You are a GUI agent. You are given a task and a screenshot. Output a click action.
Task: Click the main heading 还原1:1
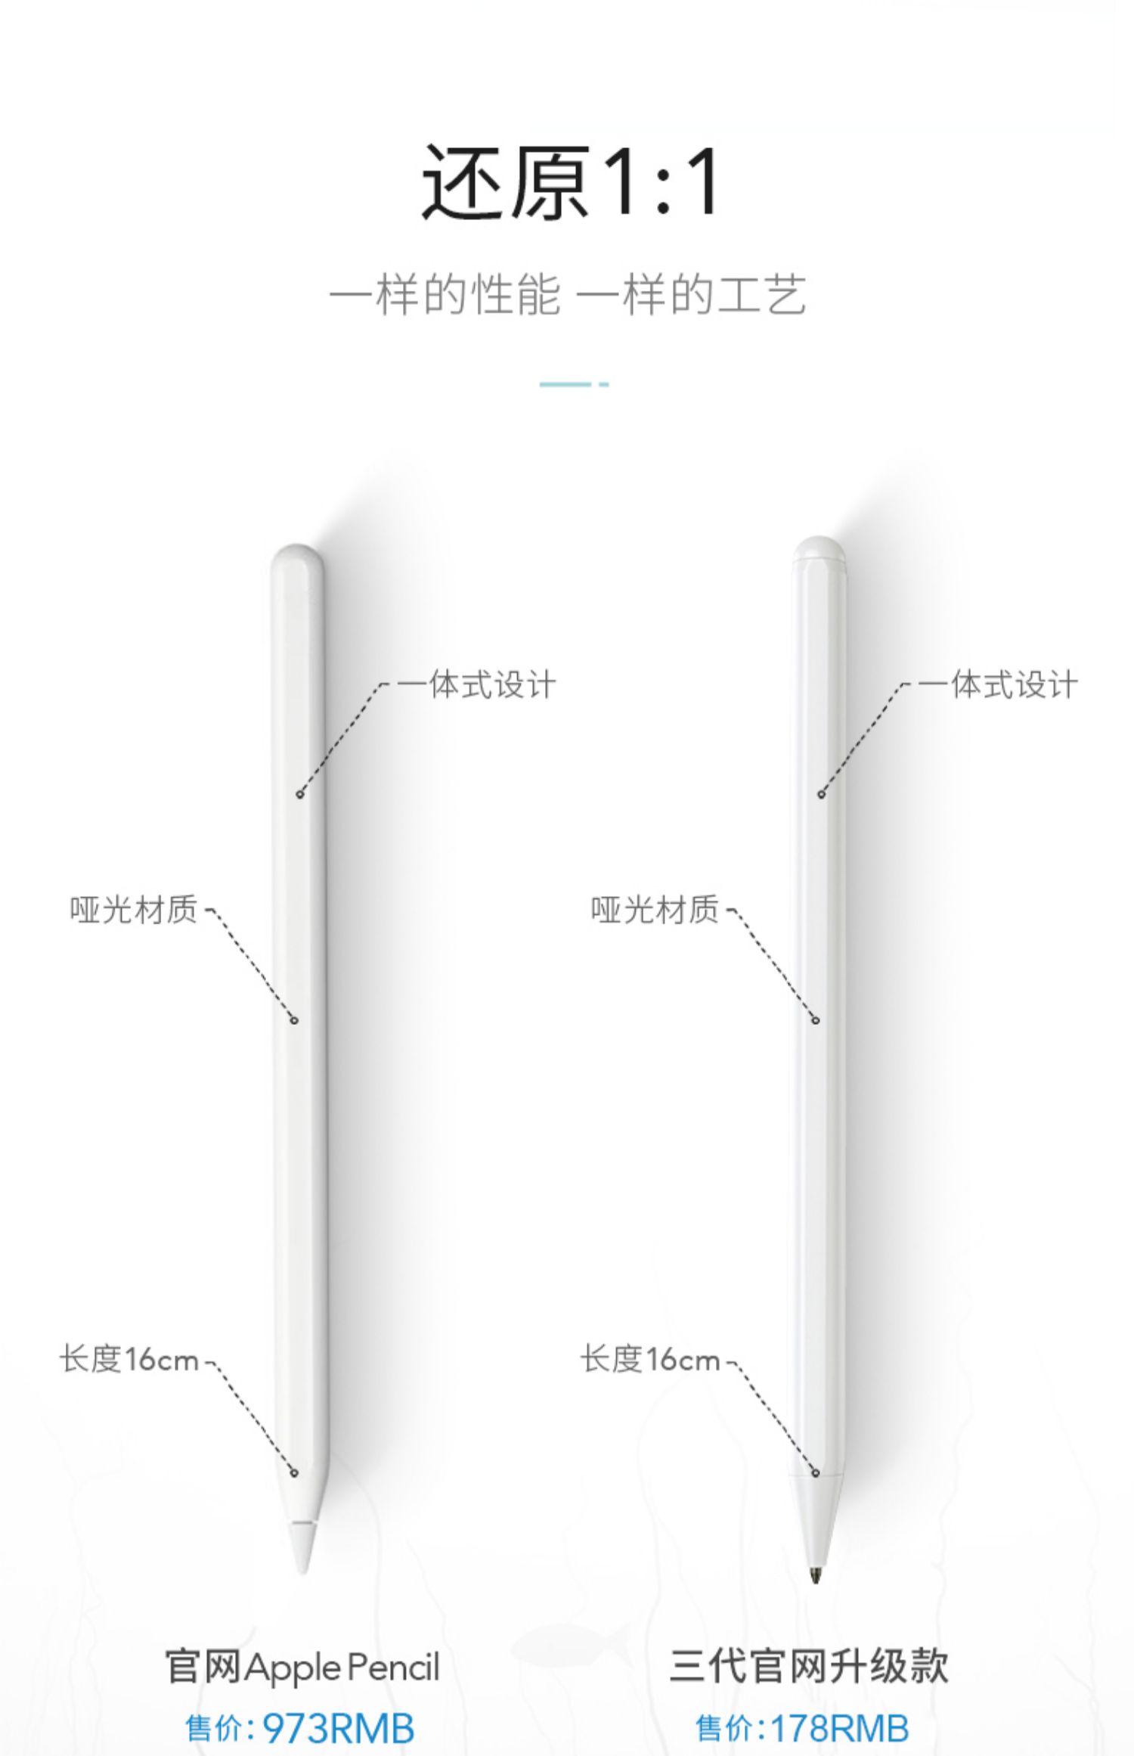pyautogui.click(x=571, y=184)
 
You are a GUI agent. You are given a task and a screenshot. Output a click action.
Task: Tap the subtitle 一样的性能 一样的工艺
pyautogui.click(x=568, y=294)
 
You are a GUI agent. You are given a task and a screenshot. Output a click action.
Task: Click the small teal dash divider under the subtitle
pyautogui.click(x=573, y=384)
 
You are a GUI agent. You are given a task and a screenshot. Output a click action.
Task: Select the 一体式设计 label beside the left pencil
pyautogui.click(x=476, y=685)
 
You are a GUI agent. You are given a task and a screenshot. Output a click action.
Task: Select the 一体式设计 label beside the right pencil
pyautogui.click(x=998, y=685)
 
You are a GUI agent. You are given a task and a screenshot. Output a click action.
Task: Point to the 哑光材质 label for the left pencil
pyautogui.click(x=134, y=910)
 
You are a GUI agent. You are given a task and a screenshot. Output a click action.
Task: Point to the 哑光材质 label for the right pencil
pyautogui.click(x=655, y=910)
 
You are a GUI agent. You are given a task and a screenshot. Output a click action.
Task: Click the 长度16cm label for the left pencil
pyautogui.click(x=129, y=1360)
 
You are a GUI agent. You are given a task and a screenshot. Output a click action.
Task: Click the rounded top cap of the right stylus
pyautogui.click(x=819, y=548)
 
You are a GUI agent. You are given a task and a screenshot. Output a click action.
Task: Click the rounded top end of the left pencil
pyautogui.click(x=298, y=555)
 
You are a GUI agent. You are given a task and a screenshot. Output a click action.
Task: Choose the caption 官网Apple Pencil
pyautogui.click(x=302, y=1668)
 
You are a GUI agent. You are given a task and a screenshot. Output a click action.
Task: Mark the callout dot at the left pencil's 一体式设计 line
pyautogui.click(x=300, y=794)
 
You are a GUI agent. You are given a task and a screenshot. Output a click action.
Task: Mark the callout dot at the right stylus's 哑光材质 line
pyautogui.click(x=816, y=1020)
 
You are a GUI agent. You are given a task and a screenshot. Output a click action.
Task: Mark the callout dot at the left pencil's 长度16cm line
pyautogui.click(x=294, y=1472)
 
